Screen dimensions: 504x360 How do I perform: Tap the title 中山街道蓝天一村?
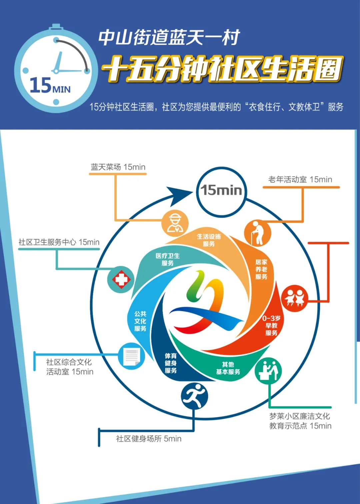[x=169, y=37]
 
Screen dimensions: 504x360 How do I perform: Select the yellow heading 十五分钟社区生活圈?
[x=222, y=69]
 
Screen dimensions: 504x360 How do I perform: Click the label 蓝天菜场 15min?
[x=118, y=167]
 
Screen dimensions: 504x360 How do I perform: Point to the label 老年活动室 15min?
[x=300, y=179]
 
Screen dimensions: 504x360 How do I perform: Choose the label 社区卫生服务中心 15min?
[x=59, y=242]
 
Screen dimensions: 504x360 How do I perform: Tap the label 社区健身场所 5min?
[x=149, y=439]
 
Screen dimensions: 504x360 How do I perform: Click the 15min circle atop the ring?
[x=221, y=190]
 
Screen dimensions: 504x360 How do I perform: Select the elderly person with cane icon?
[x=258, y=233]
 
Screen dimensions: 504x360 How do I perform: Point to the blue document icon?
[x=132, y=356]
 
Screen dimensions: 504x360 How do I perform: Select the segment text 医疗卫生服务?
[x=168, y=260]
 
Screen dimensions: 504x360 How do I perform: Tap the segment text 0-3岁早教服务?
[x=271, y=326]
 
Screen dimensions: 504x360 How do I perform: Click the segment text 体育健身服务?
[x=171, y=363]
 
